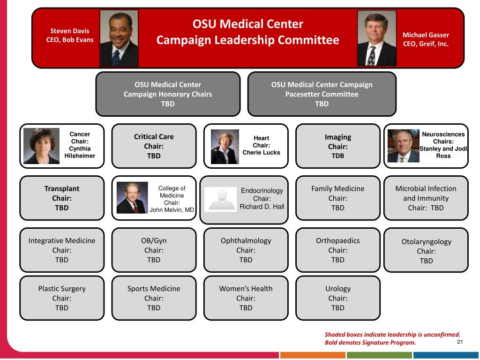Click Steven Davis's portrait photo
coord(119,38)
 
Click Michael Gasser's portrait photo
coord(376,38)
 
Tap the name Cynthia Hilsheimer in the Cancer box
coord(80,152)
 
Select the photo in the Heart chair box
coord(225,147)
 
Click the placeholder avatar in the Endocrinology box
coord(220,199)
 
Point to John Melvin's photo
coord(132,198)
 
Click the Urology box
coord(337,298)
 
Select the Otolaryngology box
coord(426,250)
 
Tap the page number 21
coord(459,342)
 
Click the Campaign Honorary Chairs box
coord(168,94)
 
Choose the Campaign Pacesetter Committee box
coord(322,94)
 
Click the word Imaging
coord(337,137)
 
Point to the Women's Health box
coord(246,298)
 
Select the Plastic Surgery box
coord(62,298)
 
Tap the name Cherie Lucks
coord(261,152)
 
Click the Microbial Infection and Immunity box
coord(426,198)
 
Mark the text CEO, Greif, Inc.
coord(426,44)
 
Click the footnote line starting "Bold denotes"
coord(370,342)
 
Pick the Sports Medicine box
coord(154,298)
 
